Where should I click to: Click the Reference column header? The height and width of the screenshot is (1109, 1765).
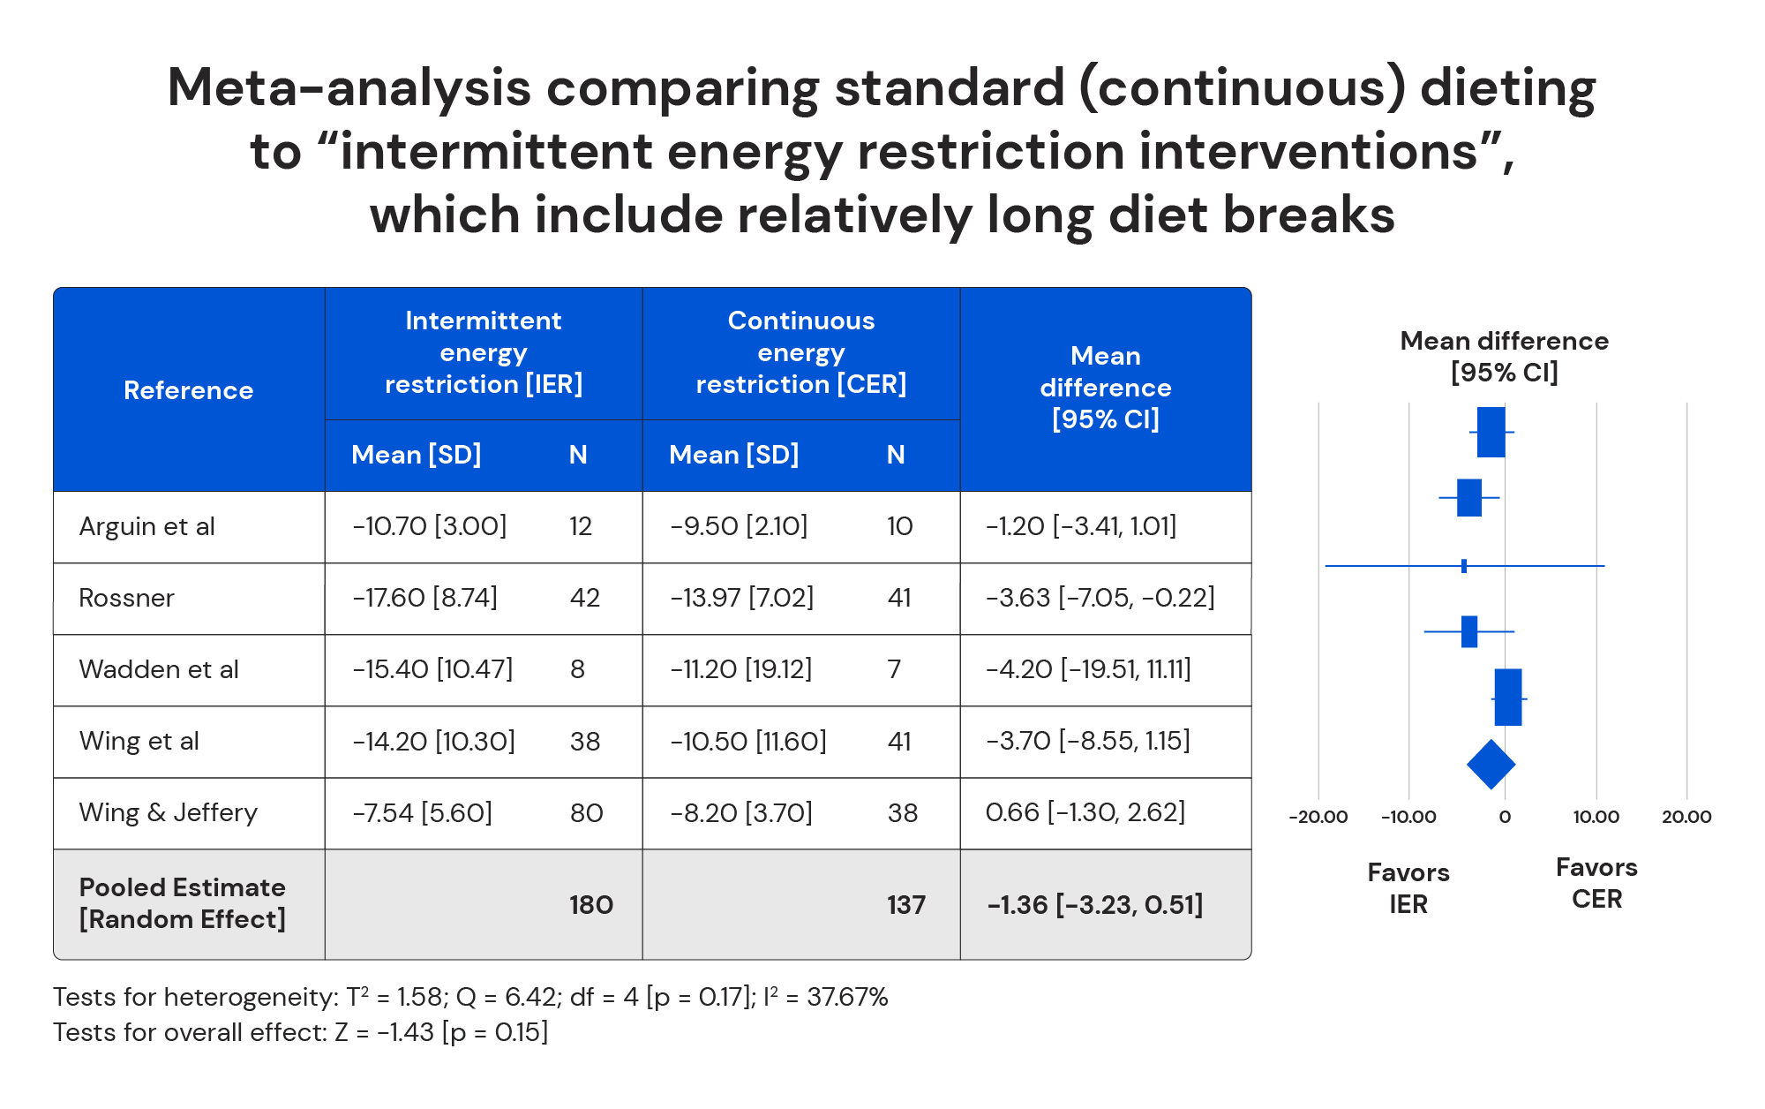click(188, 390)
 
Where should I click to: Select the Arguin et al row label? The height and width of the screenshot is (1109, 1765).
click(146, 526)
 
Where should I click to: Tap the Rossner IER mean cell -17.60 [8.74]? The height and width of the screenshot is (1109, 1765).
click(424, 598)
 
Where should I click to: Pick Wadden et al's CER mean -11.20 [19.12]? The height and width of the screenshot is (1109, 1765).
click(740, 669)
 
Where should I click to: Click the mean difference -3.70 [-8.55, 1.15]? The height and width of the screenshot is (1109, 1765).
click(1087, 741)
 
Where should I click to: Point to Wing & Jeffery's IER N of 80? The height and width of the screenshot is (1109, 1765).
click(586, 812)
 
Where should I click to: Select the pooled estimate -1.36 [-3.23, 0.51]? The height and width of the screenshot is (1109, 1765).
click(1094, 905)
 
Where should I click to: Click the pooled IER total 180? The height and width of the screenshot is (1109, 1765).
click(590, 905)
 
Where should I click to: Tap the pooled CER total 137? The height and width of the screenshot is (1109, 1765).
click(905, 905)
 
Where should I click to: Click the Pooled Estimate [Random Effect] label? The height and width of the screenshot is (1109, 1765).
click(182, 903)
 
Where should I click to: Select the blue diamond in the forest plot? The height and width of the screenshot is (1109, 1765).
click(1491, 765)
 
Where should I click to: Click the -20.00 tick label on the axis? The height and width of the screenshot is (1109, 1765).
click(1318, 817)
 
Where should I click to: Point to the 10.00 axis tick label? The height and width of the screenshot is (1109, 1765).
click(1596, 817)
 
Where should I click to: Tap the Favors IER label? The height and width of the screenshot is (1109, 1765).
click(1408, 888)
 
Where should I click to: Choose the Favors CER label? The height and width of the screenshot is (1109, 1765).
click(1596, 883)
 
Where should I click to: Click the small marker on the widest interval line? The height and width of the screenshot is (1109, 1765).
click(1464, 566)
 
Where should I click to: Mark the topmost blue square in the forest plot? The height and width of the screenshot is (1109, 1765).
click(1491, 432)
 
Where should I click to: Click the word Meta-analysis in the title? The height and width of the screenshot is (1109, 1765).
click(349, 88)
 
